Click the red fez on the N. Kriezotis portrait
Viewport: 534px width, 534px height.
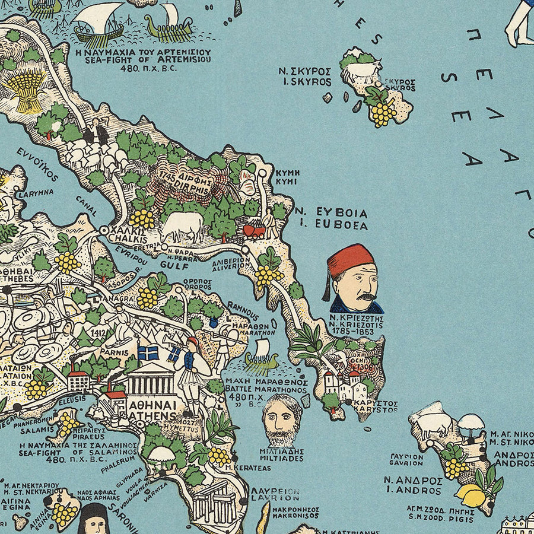click(351, 260)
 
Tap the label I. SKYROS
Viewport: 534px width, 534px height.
click(305, 82)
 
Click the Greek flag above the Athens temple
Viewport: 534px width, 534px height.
click(148, 354)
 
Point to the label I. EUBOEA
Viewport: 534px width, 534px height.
click(341, 225)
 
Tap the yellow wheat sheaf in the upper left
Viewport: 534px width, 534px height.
click(24, 89)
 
